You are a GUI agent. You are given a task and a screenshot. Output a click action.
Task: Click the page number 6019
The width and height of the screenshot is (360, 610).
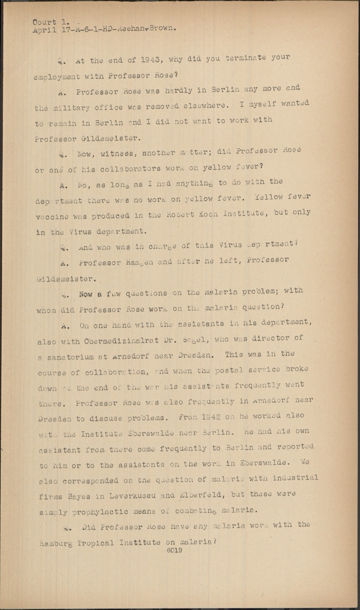[x=174, y=550]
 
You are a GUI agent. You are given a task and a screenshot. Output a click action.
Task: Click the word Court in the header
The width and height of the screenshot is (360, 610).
[x=44, y=22]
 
